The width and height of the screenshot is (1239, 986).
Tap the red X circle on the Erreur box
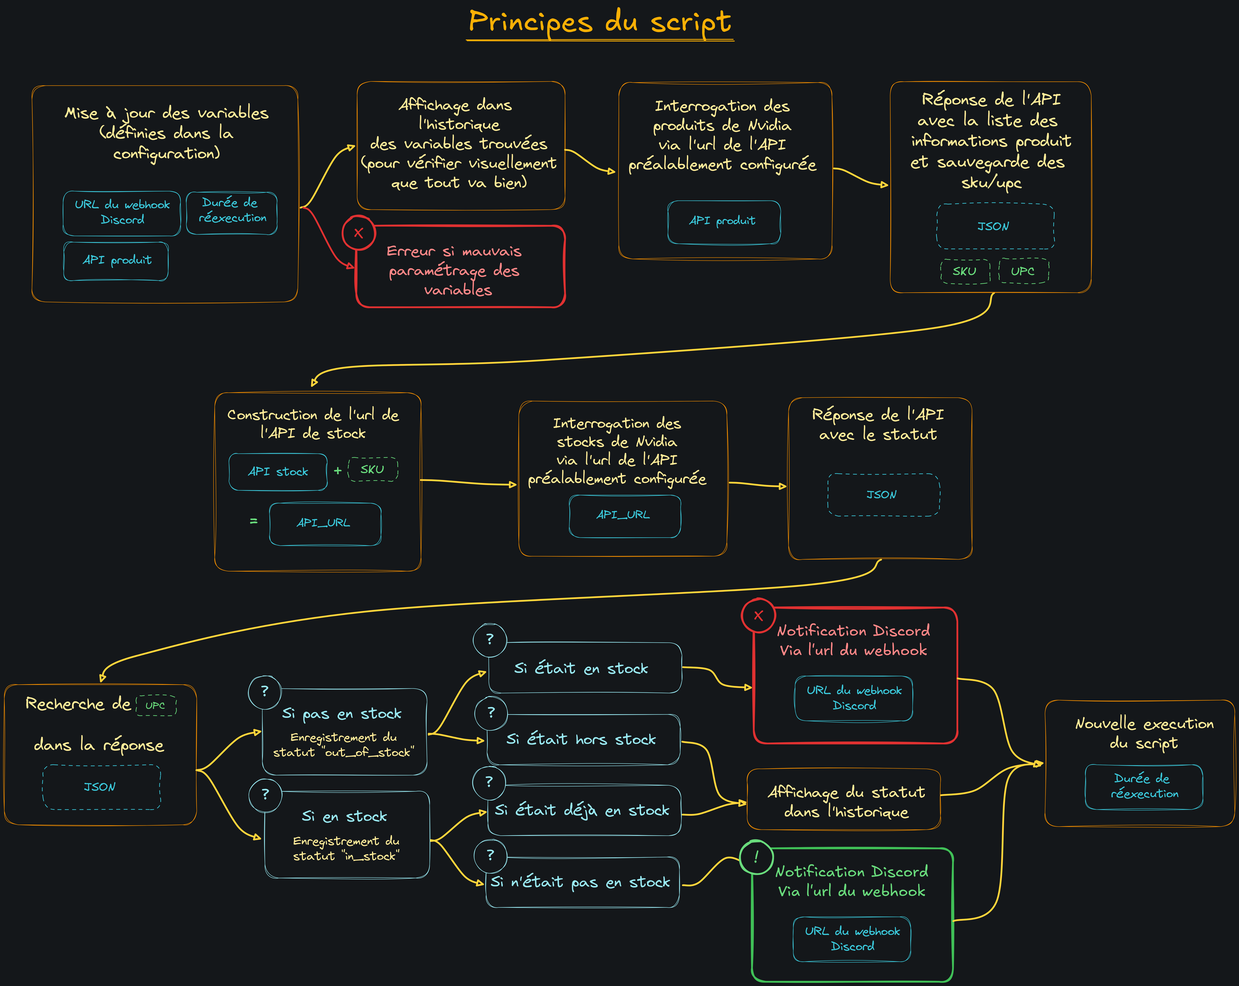[359, 233]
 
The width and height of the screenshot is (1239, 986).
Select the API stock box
[278, 472]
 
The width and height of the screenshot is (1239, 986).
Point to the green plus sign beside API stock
[338, 471]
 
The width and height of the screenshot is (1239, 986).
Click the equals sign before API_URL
[253, 521]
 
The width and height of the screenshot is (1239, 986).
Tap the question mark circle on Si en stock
[265, 795]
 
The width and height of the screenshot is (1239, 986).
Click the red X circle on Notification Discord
[758, 615]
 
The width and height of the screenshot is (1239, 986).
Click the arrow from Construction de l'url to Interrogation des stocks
[468, 483]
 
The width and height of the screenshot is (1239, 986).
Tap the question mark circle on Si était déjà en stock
[489, 782]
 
